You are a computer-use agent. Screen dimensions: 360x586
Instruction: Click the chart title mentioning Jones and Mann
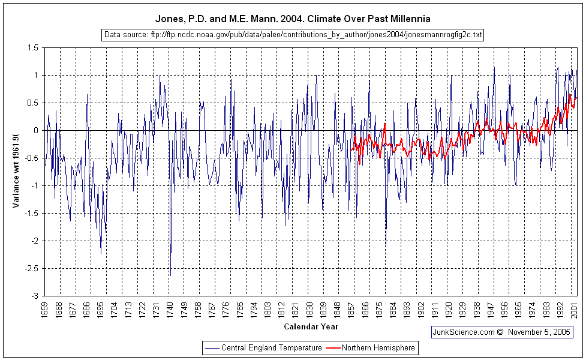pyautogui.click(x=293, y=19)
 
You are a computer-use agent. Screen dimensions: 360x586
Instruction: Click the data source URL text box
pyautogui.click(x=293, y=35)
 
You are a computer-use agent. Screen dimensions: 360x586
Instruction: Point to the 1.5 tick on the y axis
pyautogui.click(x=32, y=47)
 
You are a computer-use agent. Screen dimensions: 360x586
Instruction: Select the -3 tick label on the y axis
pyautogui.click(x=35, y=296)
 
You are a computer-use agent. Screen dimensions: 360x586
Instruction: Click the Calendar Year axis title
pyautogui.click(x=311, y=327)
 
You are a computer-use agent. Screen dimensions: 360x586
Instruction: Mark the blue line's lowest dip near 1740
pyautogui.click(x=170, y=275)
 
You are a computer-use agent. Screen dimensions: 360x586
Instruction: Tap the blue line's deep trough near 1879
pyautogui.click(x=386, y=243)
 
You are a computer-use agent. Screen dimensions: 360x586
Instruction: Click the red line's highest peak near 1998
pyautogui.click(x=570, y=94)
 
